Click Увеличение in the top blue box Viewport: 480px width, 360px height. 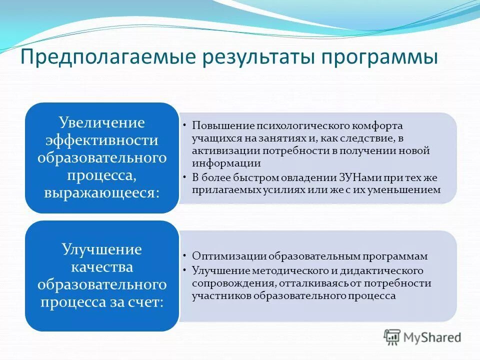(102, 122)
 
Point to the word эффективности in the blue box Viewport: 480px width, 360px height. (102, 140)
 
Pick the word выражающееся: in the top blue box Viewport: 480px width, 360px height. (102, 193)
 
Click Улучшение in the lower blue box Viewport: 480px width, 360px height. (102, 249)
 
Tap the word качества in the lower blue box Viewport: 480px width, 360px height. (102, 267)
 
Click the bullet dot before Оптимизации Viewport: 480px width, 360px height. (185, 255)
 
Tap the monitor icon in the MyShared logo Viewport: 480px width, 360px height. (392, 337)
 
